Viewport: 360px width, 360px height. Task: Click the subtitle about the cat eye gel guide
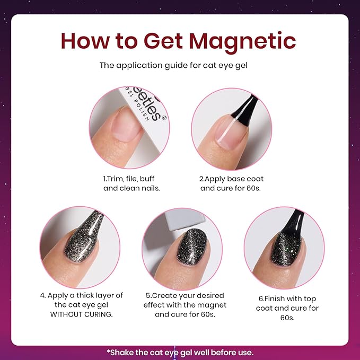click(x=180, y=66)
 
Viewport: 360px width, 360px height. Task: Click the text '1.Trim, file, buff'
click(x=129, y=179)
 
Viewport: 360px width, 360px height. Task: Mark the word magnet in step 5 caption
click(x=213, y=305)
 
